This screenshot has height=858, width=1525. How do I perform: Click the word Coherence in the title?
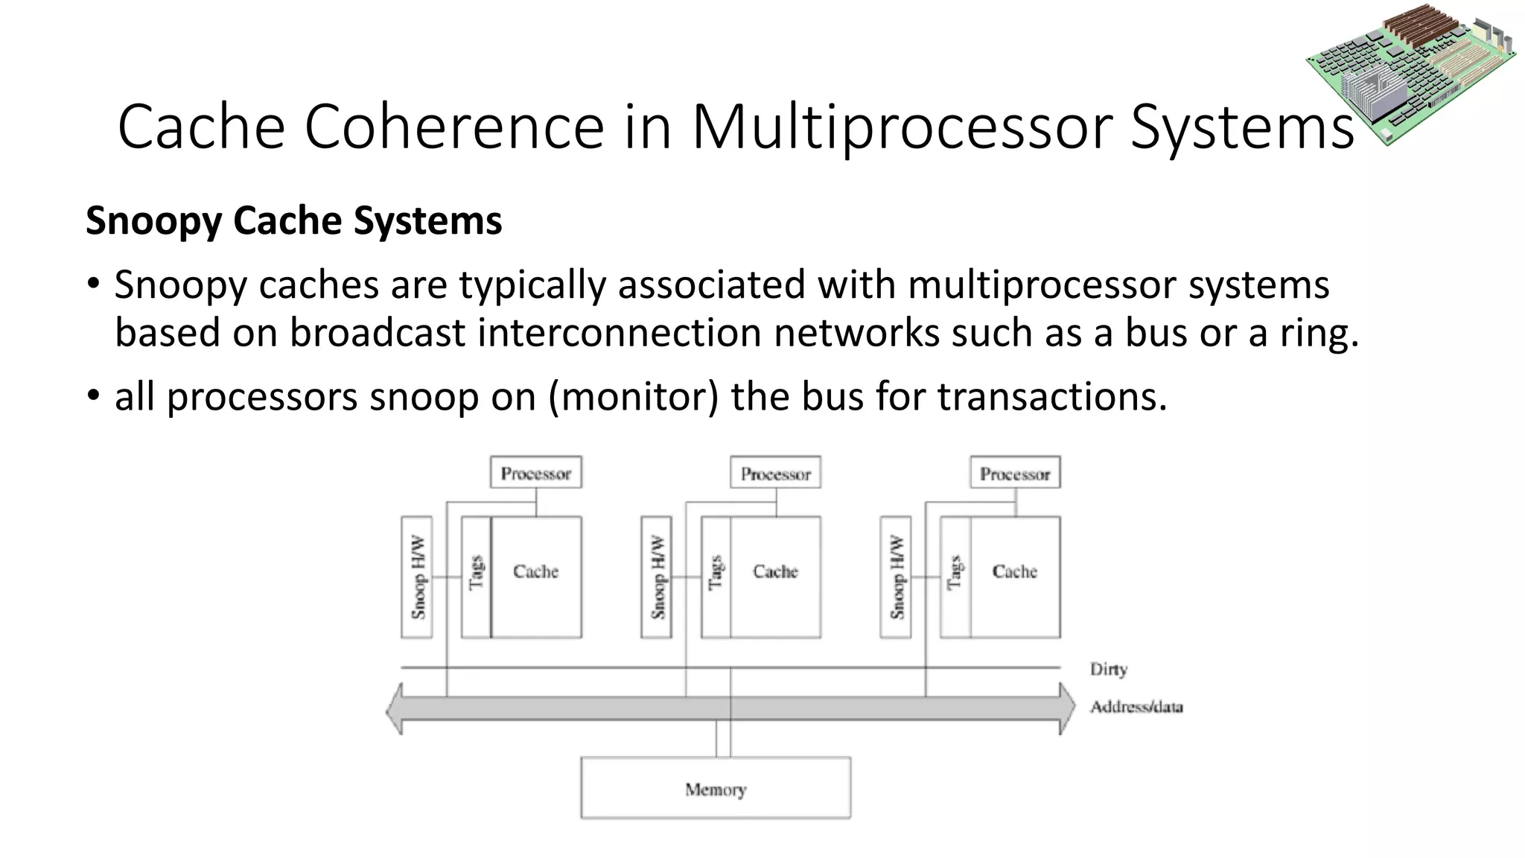pos(453,127)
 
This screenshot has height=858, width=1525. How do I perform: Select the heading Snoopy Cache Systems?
pos(293,220)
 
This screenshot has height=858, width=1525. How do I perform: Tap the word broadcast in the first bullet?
pos(378,332)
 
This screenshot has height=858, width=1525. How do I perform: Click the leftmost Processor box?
pos(535,473)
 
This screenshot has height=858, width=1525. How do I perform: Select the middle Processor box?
pos(775,473)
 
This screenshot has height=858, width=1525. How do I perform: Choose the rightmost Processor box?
pos(1015,473)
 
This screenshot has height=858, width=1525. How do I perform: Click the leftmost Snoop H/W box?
pos(417,576)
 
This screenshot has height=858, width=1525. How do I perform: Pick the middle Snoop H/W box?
pos(656,576)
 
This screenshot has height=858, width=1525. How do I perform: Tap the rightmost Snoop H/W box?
pos(896,576)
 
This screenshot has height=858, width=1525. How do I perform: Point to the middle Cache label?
pos(775,571)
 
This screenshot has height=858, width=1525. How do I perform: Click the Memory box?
pos(716,788)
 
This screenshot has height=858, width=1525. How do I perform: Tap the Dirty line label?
pos(1109,669)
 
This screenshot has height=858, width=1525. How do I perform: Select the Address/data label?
pos(1136,706)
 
